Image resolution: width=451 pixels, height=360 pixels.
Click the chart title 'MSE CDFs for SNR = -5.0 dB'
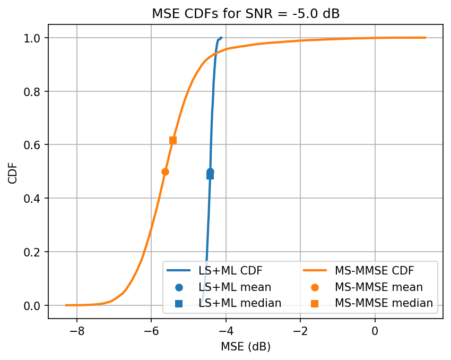tap(246, 14)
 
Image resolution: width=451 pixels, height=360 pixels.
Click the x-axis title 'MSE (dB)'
tap(246, 347)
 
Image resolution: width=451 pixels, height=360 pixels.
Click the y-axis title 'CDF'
tap(13, 172)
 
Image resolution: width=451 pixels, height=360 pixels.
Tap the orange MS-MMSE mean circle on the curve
tap(165, 172)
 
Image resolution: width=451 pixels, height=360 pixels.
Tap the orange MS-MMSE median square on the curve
tap(173, 140)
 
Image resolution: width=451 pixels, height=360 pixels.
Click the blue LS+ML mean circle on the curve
tap(210, 172)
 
